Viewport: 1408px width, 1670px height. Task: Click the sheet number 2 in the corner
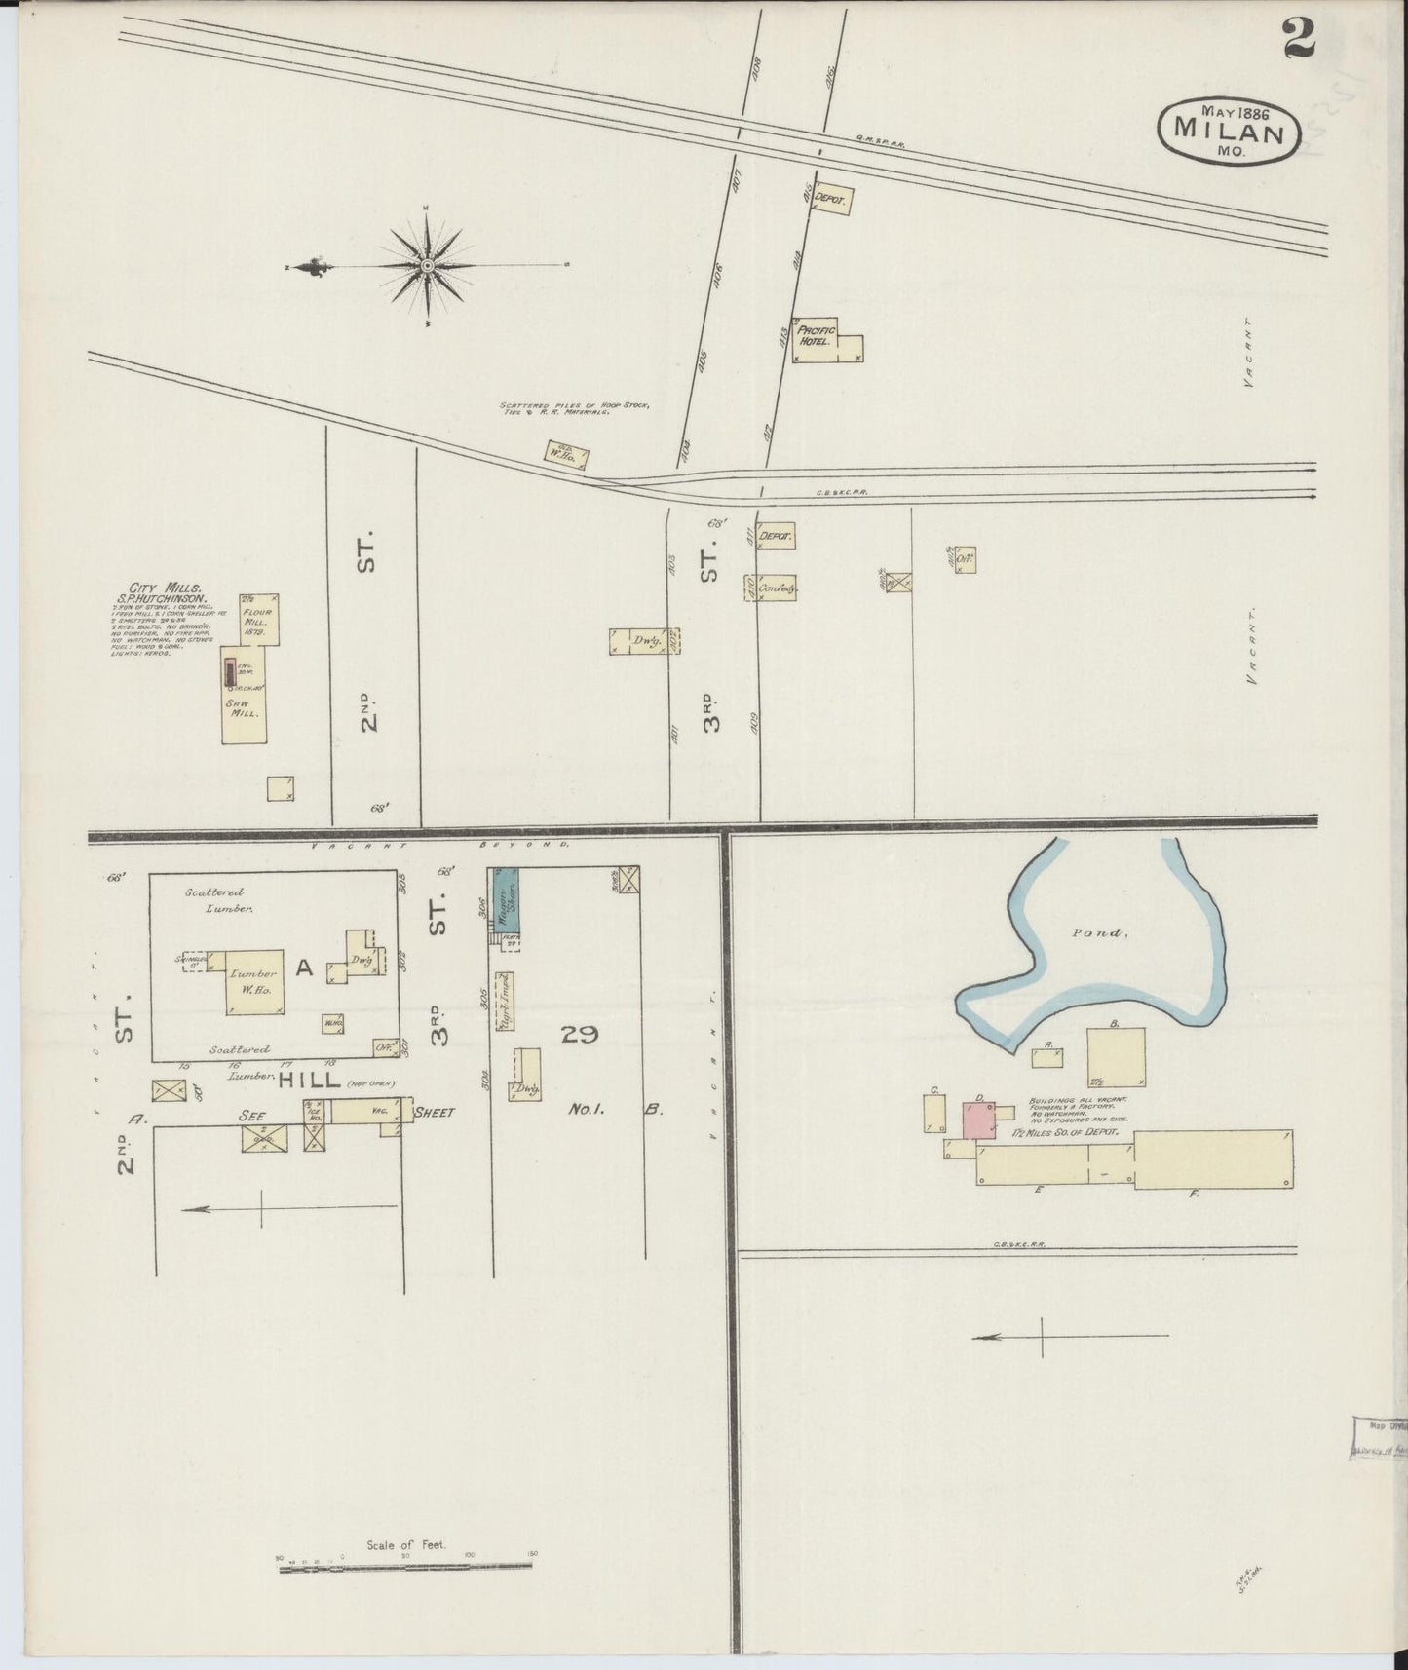[x=1298, y=42]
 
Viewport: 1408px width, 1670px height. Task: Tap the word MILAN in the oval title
[x=1229, y=129]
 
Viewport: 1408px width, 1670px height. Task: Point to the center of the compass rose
[x=427, y=265]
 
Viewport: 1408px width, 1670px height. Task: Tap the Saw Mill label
[x=242, y=708]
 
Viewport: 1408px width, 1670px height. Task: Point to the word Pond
[x=1099, y=932]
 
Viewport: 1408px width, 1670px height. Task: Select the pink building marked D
[x=979, y=1120]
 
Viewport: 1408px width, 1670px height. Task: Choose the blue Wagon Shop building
[x=506, y=900]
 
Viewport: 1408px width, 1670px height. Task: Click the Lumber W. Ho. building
[x=254, y=982]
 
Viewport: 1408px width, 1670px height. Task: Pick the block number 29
[x=579, y=1035]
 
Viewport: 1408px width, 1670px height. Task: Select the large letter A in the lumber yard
[x=304, y=968]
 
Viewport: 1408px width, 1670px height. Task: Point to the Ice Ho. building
[x=315, y=1122]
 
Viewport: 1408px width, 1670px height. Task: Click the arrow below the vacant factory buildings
[x=1070, y=1337]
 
